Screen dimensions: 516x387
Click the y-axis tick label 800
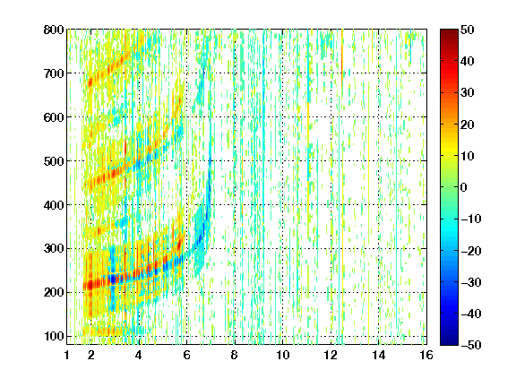tap(54, 30)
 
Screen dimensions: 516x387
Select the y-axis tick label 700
tap(54, 73)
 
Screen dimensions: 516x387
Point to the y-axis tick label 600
tap(54, 117)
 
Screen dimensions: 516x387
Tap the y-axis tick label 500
tap(54, 161)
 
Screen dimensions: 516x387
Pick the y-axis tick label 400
tap(54, 205)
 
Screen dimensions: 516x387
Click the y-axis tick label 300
tap(54, 248)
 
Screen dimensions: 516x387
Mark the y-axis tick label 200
tap(54, 292)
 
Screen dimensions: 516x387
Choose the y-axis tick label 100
tap(54, 336)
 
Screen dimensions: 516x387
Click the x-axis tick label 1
tap(67, 355)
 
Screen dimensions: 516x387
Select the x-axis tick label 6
tap(186, 355)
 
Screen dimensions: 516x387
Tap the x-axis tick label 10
tap(283, 355)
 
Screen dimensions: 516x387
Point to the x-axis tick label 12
tap(331, 355)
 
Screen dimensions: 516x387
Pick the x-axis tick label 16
tap(426, 355)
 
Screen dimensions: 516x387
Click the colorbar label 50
tap(467, 30)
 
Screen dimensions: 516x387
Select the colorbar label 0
tap(464, 187)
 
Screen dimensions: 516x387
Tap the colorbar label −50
tap(471, 345)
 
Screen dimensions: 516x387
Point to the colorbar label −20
tap(471, 251)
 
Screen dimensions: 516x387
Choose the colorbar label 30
tap(467, 92)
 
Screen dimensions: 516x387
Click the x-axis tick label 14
tap(379, 355)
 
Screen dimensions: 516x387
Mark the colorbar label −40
tap(471, 314)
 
